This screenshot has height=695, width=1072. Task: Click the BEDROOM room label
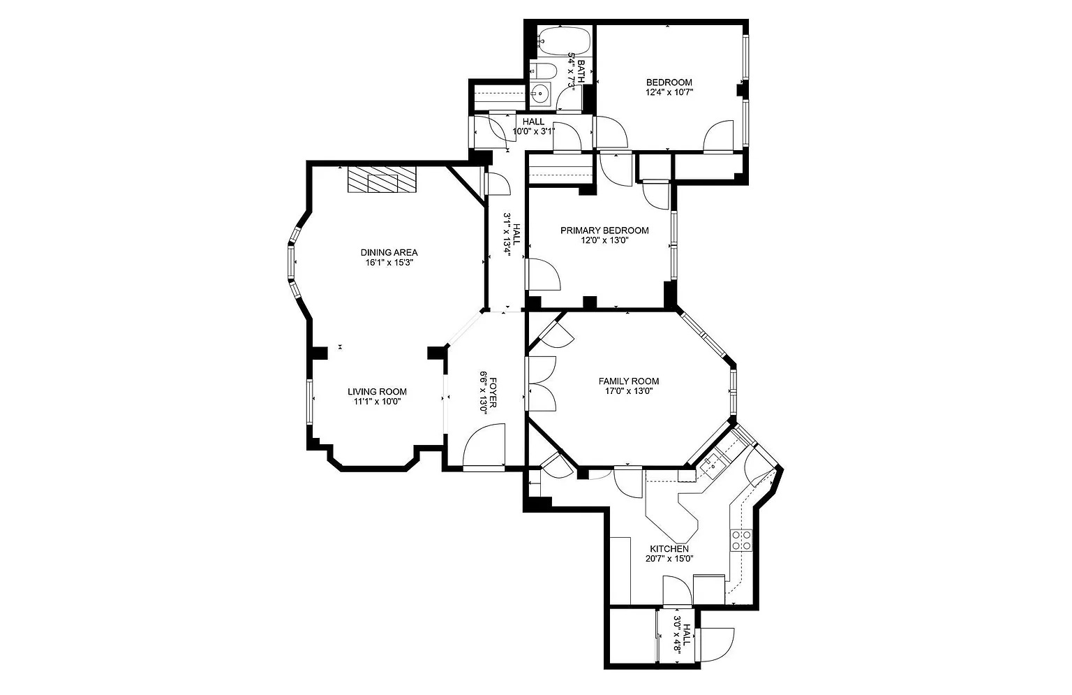point(669,82)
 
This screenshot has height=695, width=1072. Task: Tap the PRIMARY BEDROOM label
point(604,231)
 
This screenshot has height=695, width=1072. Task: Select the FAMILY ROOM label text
point(628,381)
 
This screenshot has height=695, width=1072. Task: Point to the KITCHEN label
point(669,549)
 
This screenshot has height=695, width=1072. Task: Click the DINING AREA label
point(389,252)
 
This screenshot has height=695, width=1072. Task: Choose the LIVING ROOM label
point(377,392)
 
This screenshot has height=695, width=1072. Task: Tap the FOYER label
point(493,393)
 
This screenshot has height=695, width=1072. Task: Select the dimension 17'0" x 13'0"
point(628,391)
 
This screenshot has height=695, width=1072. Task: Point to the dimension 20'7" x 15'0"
point(669,559)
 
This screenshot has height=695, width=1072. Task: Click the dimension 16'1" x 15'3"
point(389,263)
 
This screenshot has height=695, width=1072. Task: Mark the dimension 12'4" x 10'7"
point(669,92)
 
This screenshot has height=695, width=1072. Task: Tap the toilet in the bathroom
point(543,71)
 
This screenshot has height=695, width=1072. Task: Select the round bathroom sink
point(541,94)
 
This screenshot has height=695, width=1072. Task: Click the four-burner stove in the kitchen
point(740,540)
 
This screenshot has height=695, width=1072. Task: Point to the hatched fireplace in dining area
point(382,179)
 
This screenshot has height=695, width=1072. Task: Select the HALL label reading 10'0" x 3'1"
point(534,126)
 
